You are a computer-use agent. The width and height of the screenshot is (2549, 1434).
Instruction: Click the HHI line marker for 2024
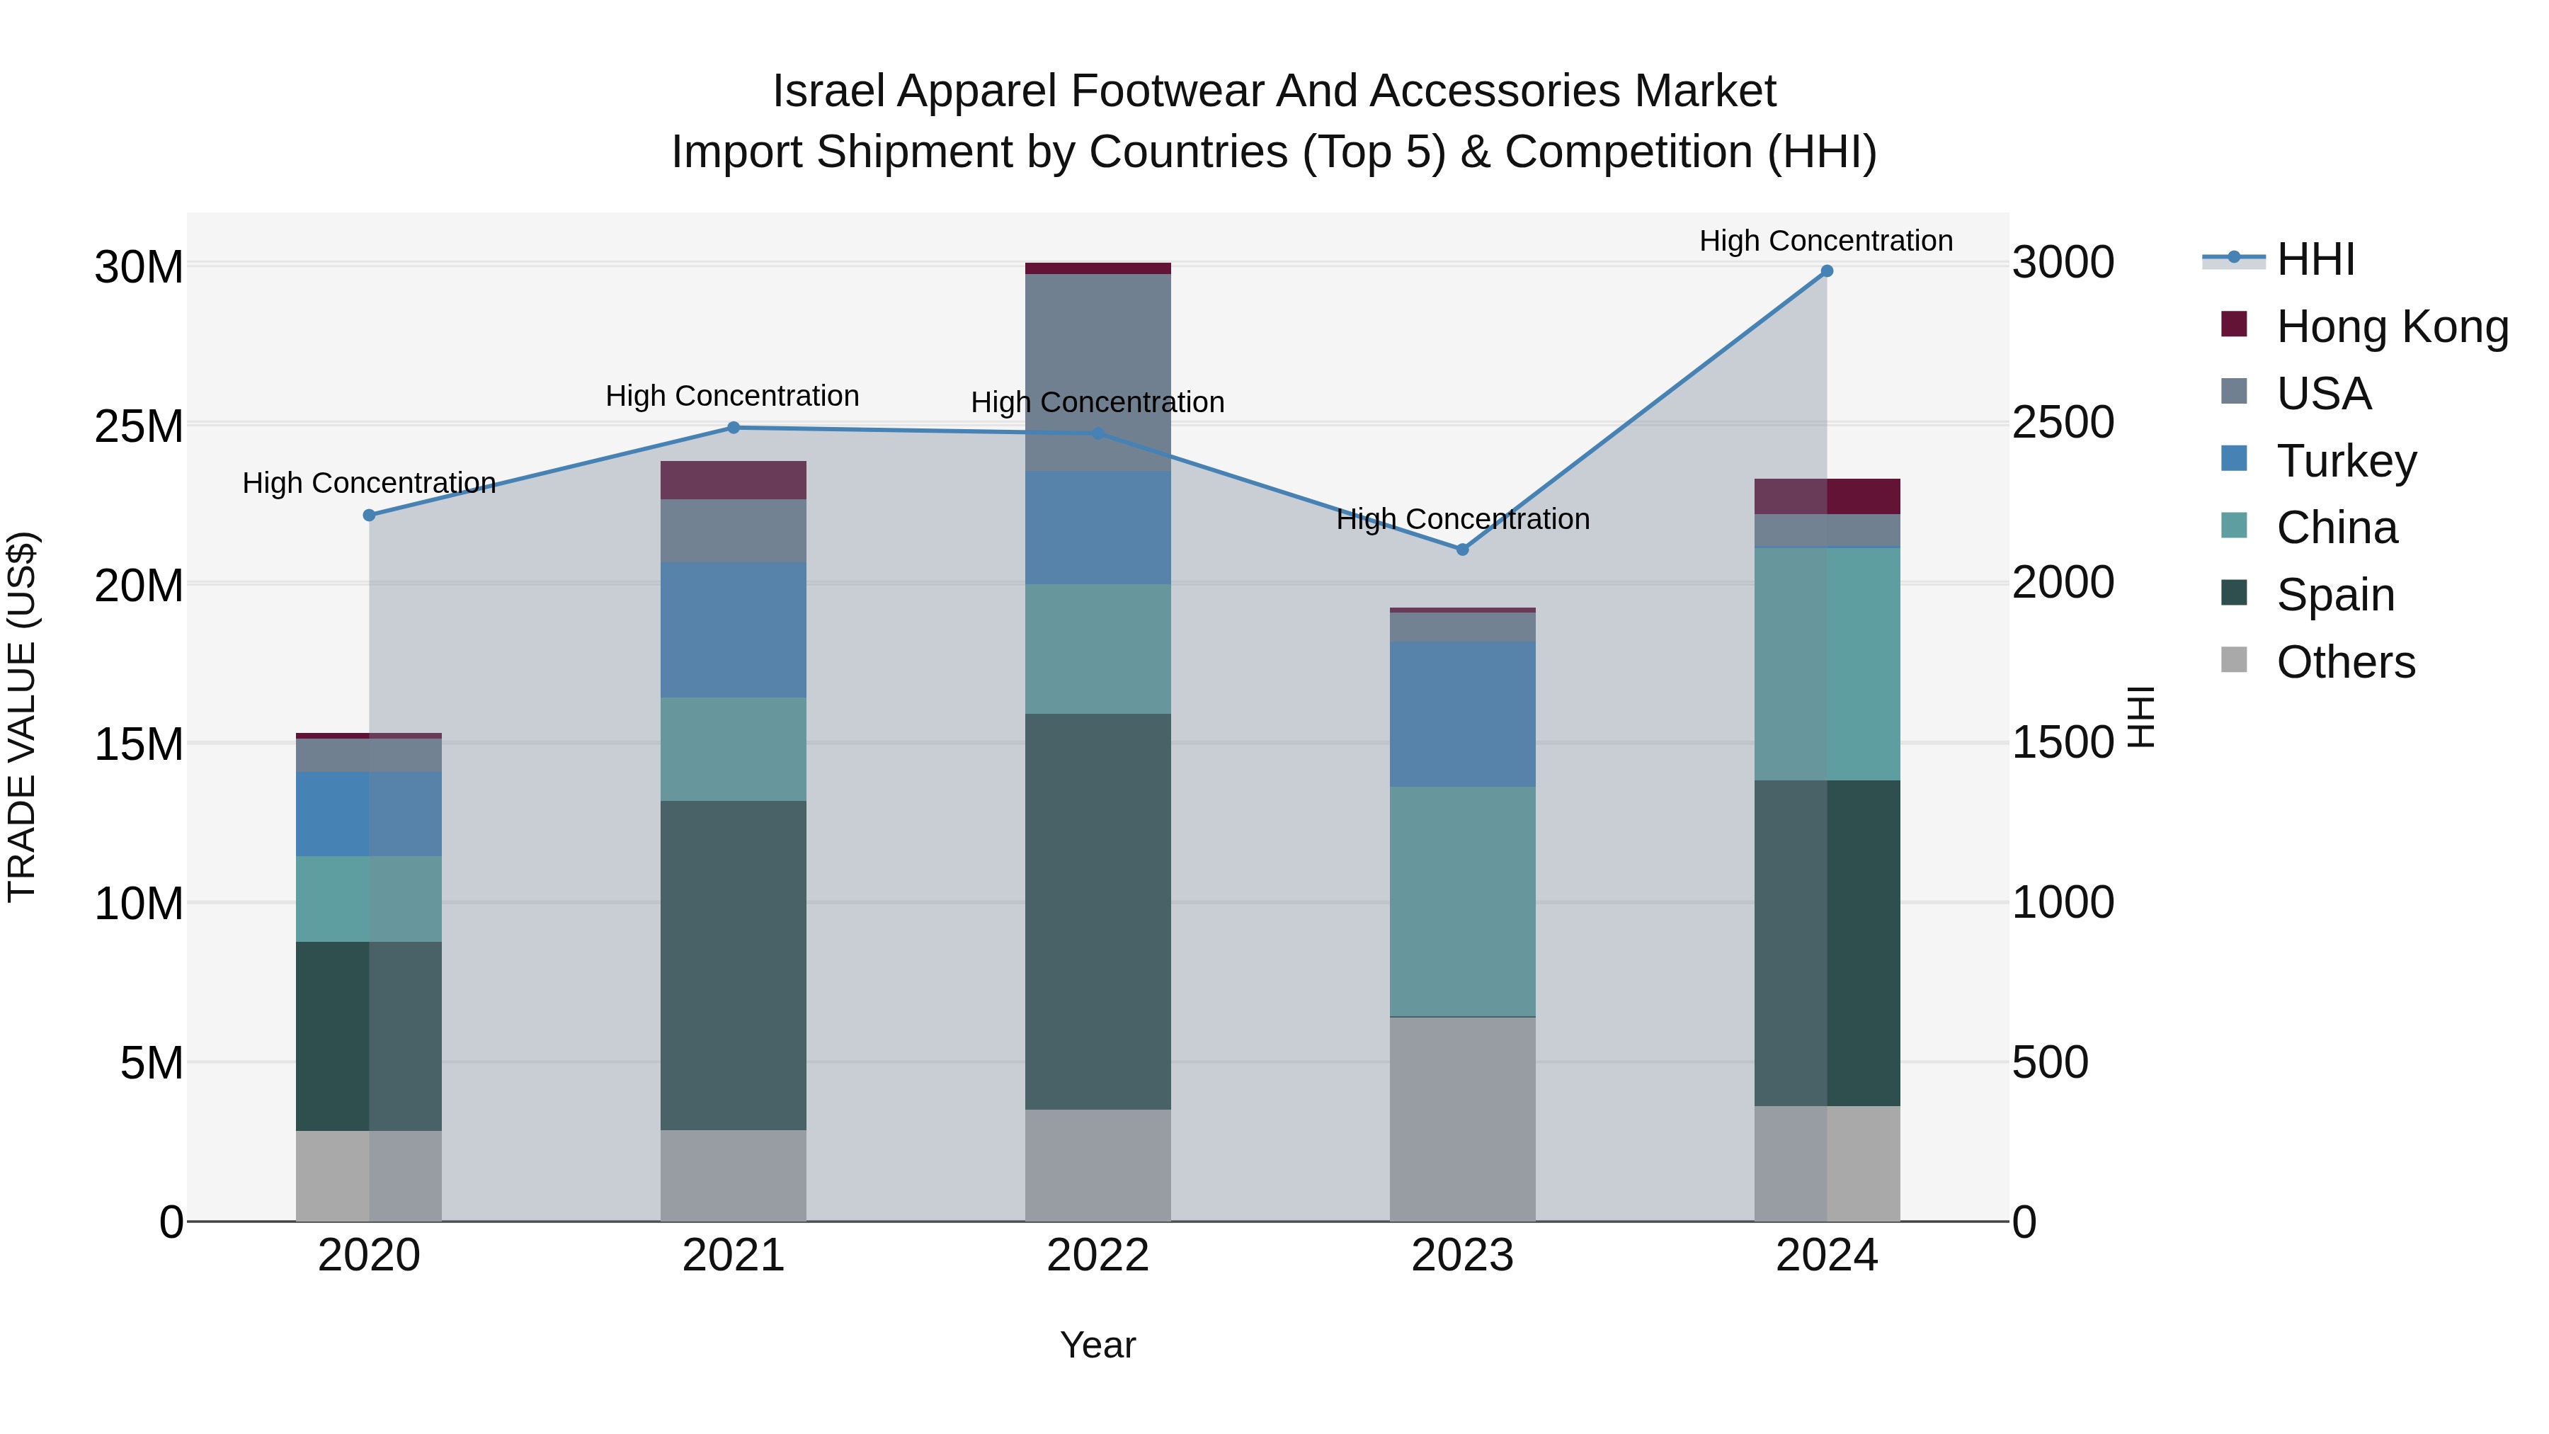(1827, 271)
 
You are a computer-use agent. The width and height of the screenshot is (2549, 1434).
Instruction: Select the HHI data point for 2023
(1463, 550)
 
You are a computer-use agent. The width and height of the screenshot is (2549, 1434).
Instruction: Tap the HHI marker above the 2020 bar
(369, 516)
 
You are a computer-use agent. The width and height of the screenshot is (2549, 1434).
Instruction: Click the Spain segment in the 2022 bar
(1097, 911)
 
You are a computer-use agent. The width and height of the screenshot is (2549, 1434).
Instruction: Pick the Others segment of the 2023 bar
(1463, 1118)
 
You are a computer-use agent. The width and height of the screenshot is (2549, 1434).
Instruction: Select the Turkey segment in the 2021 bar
(734, 630)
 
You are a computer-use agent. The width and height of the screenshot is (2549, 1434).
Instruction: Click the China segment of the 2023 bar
(1463, 901)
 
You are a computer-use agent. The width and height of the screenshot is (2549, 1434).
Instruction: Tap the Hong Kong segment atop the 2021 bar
(734, 480)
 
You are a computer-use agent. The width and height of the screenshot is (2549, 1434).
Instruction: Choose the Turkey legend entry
(2345, 461)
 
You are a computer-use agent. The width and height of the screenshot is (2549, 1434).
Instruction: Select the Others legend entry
(2344, 662)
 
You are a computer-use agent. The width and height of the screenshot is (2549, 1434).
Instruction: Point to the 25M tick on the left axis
(139, 426)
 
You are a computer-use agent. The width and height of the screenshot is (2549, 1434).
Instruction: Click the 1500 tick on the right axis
(2063, 744)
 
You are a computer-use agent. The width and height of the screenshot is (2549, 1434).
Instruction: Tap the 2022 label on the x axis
(1097, 1256)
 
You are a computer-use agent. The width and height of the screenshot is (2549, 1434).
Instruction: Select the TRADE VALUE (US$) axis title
(23, 717)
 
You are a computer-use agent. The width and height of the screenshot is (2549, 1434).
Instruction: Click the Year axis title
(1097, 1345)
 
